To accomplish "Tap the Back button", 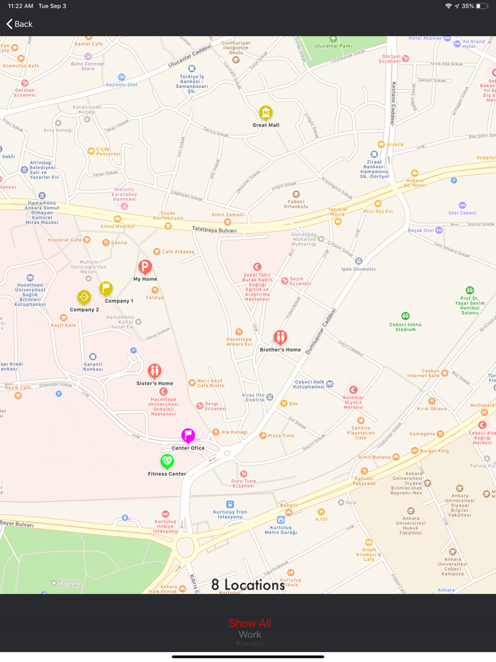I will coord(20,24).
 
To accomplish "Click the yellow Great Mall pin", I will coord(266,113).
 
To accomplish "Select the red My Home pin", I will coord(145,267).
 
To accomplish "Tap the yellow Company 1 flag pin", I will coord(106,288).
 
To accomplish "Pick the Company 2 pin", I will coord(84,298).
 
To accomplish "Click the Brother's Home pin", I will coord(281,337).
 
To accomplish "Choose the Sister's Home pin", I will coord(154,371).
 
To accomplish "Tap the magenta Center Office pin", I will coord(188,435).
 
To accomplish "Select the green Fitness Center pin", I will coord(167,461).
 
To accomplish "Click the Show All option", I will coord(249,624).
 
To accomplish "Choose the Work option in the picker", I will coord(249,635).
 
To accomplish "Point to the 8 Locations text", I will coord(248,585).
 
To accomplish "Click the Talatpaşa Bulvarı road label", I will coord(214,229).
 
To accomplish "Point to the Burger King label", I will coord(434,451).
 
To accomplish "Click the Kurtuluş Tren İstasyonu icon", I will coord(220,504).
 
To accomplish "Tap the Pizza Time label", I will coord(281,435).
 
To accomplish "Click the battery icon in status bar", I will coord(482,6).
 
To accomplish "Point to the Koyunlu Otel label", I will coord(121,84).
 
